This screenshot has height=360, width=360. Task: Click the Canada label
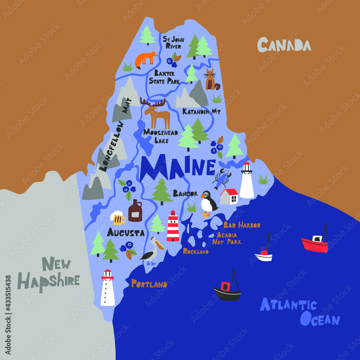(x=284, y=45)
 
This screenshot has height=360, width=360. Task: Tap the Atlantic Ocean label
(x=300, y=312)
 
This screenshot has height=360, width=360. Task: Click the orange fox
(x=145, y=59)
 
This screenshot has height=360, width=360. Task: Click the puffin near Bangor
(x=208, y=204)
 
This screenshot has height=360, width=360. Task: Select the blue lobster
(x=222, y=178)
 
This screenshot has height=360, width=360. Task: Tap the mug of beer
(x=118, y=217)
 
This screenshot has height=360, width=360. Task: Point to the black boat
(x=227, y=290)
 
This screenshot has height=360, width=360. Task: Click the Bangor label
(x=185, y=194)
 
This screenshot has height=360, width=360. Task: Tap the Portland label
(x=149, y=284)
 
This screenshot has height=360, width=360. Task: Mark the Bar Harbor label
(x=242, y=225)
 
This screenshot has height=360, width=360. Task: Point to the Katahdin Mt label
(x=201, y=112)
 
